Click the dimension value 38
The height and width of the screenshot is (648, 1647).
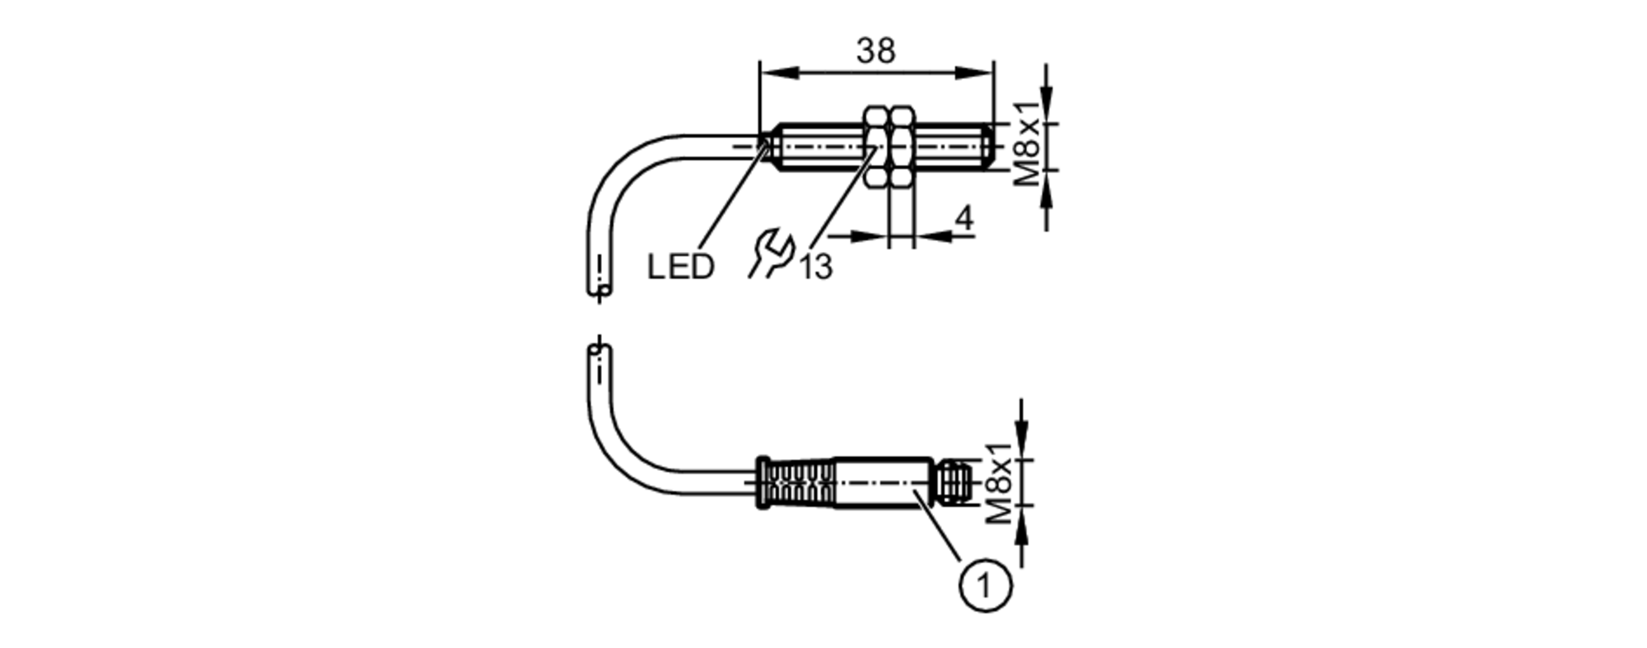click(x=875, y=51)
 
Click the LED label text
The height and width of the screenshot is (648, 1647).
click(x=680, y=267)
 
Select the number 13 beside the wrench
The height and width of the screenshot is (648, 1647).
click(x=816, y=267)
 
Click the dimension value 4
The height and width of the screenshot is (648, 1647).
click(x=963, y=218)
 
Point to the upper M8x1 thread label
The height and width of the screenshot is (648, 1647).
click(x=1025, y=145)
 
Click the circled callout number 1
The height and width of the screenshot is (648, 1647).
click(x=985, y=585)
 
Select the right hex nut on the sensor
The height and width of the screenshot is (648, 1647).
click(x=903, y=148)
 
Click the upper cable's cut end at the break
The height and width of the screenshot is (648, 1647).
click(x=600, y=290)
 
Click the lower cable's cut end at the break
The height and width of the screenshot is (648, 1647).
click(x=600, y=351)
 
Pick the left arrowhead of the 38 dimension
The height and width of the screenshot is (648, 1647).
click(x=774, y=73)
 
